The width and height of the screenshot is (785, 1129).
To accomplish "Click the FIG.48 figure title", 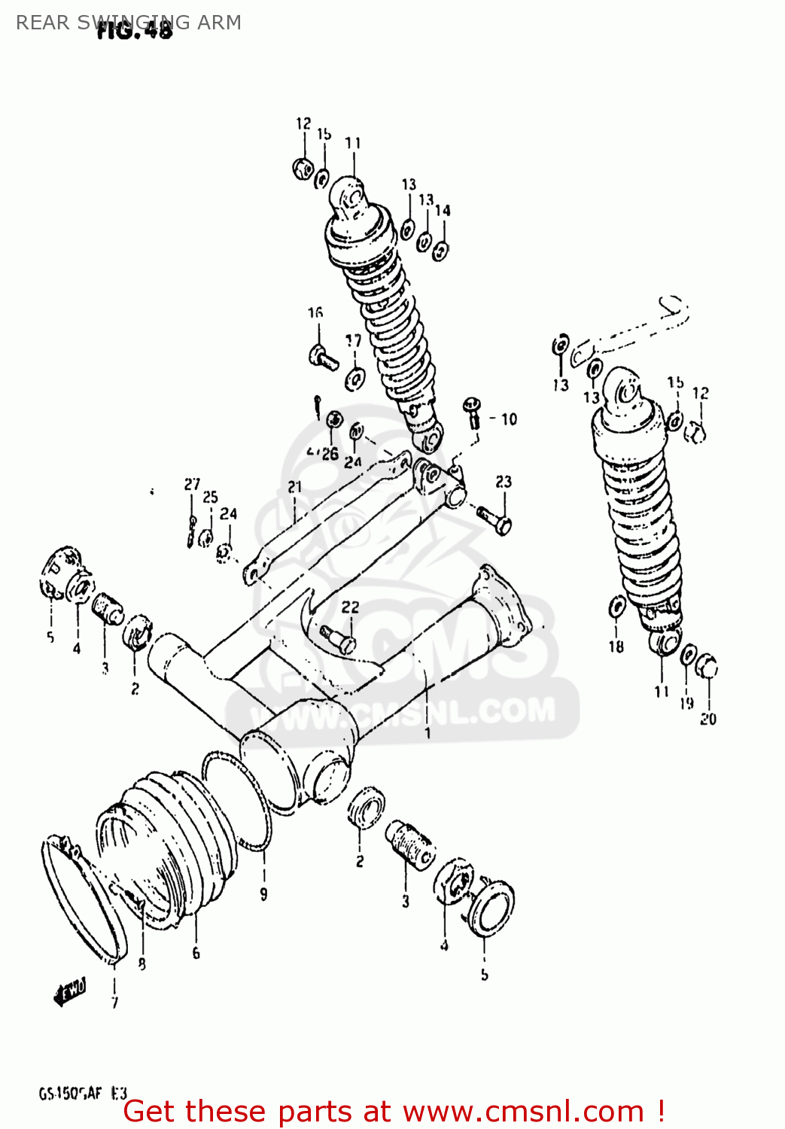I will pyautogui.click(x=135, y=30).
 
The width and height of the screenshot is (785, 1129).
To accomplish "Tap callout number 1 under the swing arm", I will pyautogui.click(x=427, y=732).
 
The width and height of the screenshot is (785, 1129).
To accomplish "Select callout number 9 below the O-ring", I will pyautogui.click(x=263, y=894).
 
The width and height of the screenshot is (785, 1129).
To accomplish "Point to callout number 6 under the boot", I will pyautogui.click(x=196, y=953).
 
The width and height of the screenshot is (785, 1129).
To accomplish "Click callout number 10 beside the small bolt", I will pyautogui.click(x=510, y=419).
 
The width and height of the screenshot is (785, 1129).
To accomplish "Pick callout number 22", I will pyautogui.click(x=350, y=607).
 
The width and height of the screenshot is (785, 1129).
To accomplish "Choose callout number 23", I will pyautogui.click(x=504, y=481).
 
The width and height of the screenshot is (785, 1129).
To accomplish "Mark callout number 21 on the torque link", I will pyautogui.click(x=294, y=487).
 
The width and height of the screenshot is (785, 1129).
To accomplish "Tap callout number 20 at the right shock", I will pyautogui.click(x=708, y=719).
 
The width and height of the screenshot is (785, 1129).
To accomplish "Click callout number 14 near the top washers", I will pyautogui.click(x=443, y=211).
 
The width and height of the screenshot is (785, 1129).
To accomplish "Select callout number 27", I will pyautogui.click(x=193, y=484).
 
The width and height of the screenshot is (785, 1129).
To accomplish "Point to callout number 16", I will pyautogui.click(x=315, y=312).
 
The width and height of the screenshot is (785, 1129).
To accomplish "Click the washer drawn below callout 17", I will pyautogui.click(x=354, y=379).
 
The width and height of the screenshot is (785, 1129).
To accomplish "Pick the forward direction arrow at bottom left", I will pyautogui.click(x=71, y=991).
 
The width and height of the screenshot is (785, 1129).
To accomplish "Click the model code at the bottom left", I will pyautogui.click(x=83, y=1094).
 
